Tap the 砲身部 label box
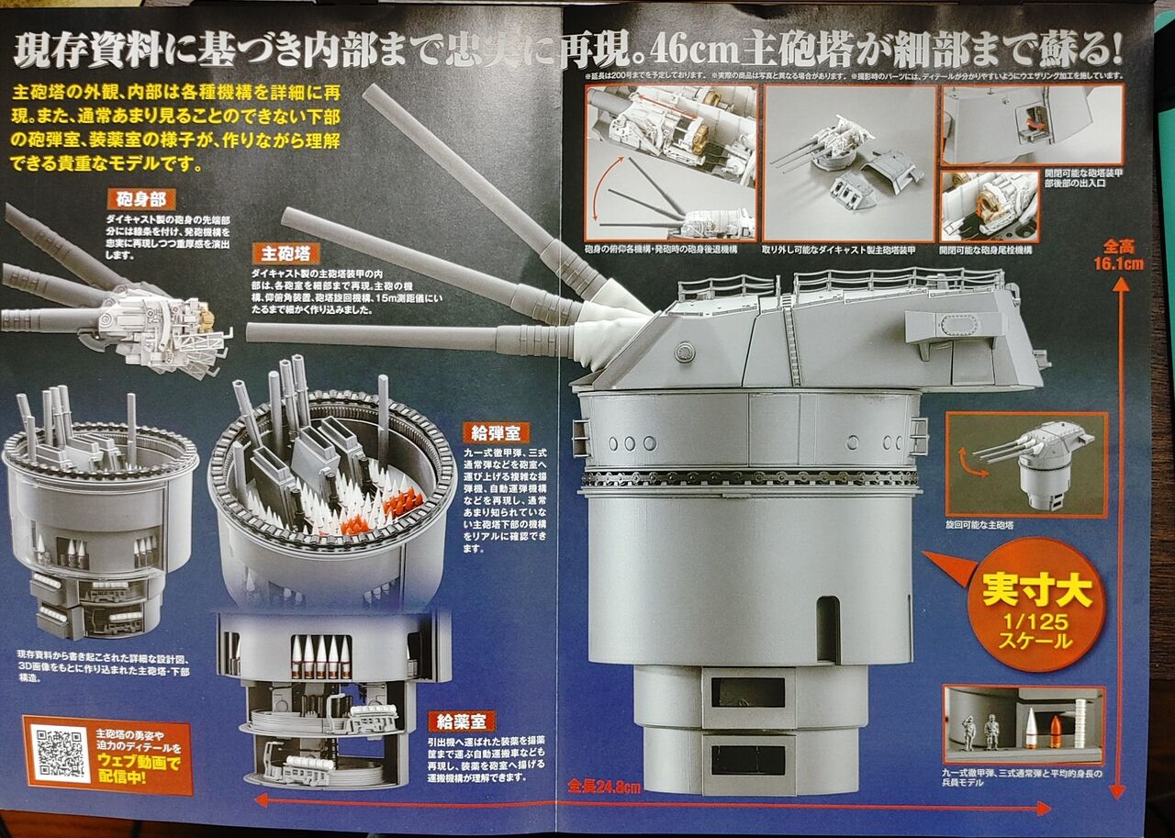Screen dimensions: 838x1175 (x=140, y=200)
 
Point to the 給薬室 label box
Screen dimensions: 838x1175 (x=461, y=721)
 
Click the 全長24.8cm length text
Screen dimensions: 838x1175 (x=603, y=787)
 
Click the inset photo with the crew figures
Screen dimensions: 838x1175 (x=1024, y=725)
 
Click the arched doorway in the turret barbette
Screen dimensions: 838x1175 (x=827, y=628)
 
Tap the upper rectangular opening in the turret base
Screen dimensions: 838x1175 (x=747, y=692)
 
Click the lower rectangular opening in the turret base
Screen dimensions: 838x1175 (x=747, y=759)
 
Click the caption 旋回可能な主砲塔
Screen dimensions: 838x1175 (x=981, y=525)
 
